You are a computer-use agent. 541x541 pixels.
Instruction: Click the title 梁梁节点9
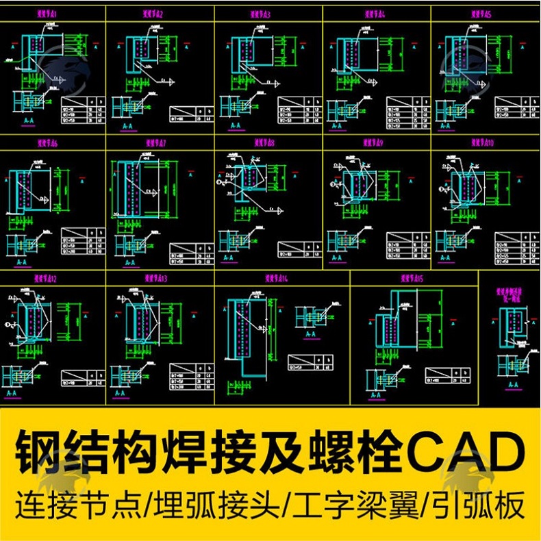[372, 143]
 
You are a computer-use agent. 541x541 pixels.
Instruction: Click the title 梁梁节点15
[412, 279]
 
